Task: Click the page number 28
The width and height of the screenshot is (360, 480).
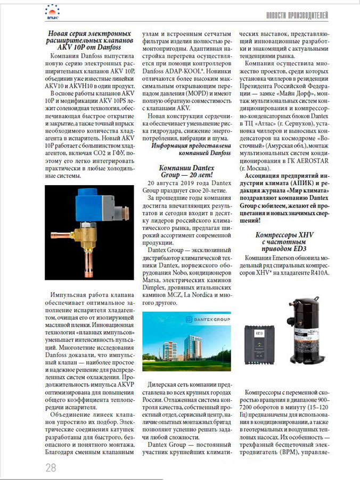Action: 51,467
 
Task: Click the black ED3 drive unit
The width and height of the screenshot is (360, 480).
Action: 260,344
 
